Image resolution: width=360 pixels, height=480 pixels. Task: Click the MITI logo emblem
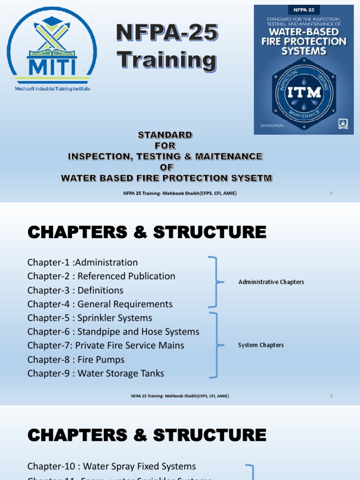[52, 47]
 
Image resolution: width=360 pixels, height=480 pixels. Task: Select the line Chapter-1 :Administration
[82, 262]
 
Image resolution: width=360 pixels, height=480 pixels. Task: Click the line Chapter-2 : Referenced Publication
[101, 276]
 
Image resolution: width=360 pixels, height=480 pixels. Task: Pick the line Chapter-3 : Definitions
[75, 290]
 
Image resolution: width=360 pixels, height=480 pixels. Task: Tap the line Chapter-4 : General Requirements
[100, 304]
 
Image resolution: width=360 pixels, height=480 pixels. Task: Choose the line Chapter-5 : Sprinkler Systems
[90, 318]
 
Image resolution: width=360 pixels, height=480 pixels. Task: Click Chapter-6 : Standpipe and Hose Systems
[113, 332]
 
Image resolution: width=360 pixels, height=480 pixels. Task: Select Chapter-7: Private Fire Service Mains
[106, 345]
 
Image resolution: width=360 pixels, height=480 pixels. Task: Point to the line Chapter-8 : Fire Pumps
[76, 360]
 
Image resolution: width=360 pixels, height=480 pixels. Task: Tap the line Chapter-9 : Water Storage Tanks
[96, 374]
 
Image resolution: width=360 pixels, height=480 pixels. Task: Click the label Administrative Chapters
[271, 282]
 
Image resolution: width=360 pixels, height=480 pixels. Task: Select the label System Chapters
[261, 345]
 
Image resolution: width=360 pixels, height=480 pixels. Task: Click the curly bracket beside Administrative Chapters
[216, 282]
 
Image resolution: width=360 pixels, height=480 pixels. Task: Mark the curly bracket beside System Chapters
[216, 345]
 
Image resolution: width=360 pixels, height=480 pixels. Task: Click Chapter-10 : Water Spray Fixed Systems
[112, 466]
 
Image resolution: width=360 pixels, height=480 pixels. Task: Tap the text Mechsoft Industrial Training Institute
[52, 89]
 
